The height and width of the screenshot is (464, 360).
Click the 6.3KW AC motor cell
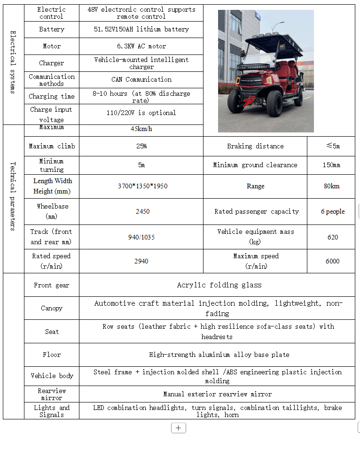coord(141,46)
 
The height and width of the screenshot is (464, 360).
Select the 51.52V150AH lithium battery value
coord(141,29)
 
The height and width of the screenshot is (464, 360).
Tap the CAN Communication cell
coord(141,79)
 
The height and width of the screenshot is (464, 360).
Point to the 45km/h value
coord(141,129)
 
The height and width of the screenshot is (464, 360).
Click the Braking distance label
coord(255,146)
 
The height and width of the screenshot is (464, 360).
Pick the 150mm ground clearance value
coord(331,165)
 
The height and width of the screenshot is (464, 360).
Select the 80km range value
coord(331,186)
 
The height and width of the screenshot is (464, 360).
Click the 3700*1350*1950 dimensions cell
coord(142,186)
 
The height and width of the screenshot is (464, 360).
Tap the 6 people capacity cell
coord(333,211)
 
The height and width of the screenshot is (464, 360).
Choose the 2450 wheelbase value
coord(142,211)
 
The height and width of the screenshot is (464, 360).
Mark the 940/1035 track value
coord(141,237)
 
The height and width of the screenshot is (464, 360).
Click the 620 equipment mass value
coord(333,237)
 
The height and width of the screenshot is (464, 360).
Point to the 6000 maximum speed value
coord(332,261)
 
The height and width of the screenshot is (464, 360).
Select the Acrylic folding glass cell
coord(219,285)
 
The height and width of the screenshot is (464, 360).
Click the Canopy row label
coord(52,308)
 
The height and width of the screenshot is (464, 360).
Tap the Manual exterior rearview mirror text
coord(217,394)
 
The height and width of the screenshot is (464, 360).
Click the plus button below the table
coord(178,428)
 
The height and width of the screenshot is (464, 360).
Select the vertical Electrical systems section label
coord(13,62)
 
